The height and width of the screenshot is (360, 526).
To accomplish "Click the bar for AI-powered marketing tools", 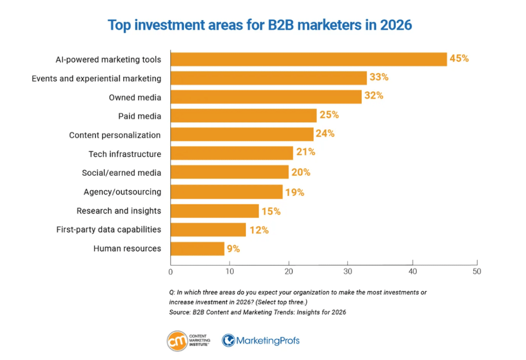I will [x=308, y=59].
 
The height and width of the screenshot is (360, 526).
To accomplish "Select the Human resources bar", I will [x=197, y=249].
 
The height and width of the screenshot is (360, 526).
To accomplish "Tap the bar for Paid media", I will [x=243, y=116].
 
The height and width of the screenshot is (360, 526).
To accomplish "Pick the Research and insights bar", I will [x=215, y=211].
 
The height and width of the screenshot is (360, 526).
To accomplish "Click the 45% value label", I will [x=459, y=59].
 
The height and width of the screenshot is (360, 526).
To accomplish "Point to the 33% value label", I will [x=379, y=78].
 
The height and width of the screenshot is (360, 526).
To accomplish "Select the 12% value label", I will [x=258, y=230].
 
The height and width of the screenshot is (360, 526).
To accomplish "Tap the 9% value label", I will [x=233, y=249].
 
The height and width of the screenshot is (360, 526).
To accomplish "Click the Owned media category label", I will [x=135, y=97].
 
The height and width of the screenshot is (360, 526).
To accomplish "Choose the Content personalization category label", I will [x=115, y=135].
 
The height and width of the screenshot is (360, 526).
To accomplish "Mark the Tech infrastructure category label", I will [x=125, y=154].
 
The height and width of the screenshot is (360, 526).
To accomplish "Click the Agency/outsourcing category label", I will [x=122, y=192].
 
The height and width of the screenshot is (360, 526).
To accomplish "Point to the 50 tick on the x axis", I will [x=477, y=271].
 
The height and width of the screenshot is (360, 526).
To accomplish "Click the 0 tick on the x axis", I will [x=171, y=271].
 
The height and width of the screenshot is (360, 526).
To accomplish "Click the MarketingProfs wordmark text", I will [x=268, y=340].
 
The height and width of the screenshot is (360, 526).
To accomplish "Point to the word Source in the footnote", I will [x=179, y=312].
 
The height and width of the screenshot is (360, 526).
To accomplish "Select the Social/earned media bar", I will [x=229, y=173].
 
